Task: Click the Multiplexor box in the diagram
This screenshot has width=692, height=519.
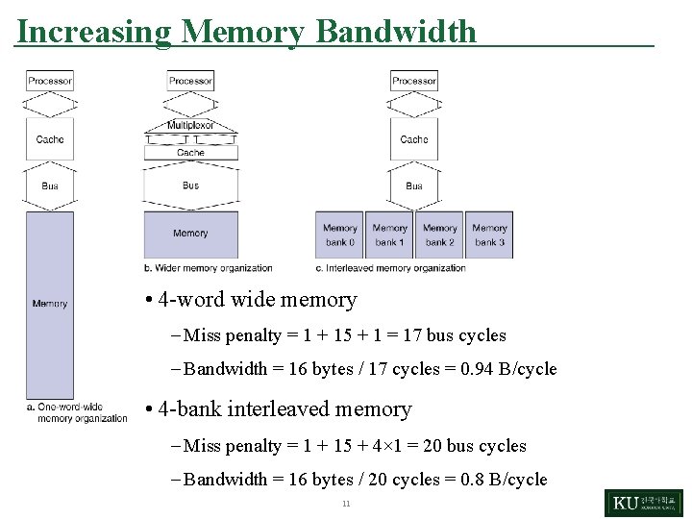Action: coord(190,125)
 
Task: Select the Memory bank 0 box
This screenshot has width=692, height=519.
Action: coord(339,235)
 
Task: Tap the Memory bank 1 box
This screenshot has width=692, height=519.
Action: coord(389,235)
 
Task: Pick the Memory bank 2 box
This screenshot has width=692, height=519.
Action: coord(439,235)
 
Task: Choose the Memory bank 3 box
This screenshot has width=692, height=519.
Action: coord(489,235)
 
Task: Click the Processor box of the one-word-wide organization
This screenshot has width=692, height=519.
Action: coord(50,82)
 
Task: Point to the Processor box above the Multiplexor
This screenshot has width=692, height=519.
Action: coord(190,82)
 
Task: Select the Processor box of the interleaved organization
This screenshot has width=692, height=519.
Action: coord(414,82)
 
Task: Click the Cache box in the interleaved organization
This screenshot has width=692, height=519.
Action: coord(414,139)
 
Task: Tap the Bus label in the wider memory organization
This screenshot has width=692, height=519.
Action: coord(190,185)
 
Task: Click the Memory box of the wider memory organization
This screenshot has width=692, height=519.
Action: coord(190,234)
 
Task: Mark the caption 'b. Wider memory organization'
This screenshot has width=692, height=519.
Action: coord(208,268)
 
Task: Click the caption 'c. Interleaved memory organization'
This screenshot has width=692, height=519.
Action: coord(390,268)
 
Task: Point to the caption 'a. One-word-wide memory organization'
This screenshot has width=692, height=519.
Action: coord(77,412)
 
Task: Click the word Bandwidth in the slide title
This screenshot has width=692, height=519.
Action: coord(396,32)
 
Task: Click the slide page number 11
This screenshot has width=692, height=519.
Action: coord(345,504)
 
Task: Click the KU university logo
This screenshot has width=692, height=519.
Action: coord(643,503)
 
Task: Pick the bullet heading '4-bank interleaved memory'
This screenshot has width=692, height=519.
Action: coord(284,409)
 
